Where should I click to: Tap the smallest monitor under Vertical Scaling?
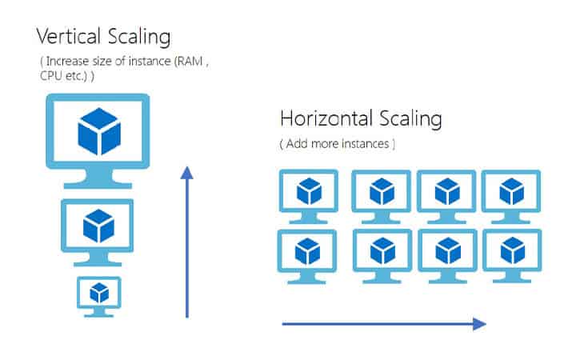pos(98,291)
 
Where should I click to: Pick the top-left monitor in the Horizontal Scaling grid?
pos(308,193)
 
